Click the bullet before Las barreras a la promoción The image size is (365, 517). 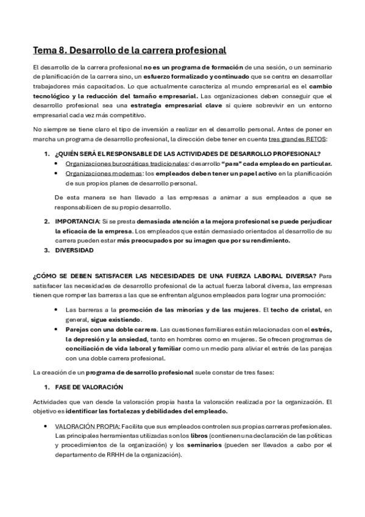click(x=56, y=310)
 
